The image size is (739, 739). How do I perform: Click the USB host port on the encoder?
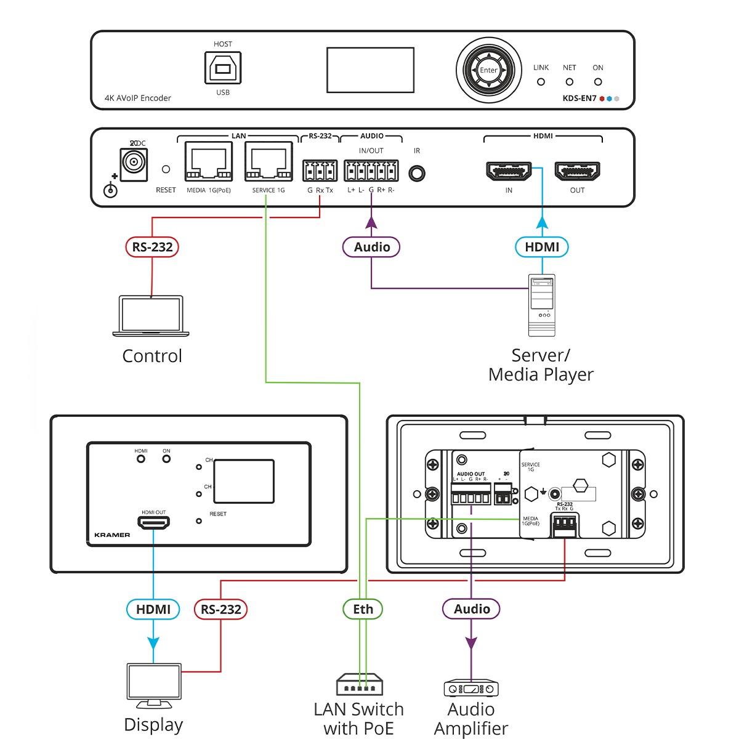pyautogui.click(x=223, y=68)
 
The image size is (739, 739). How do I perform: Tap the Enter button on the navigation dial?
pyautogui.click(x=488, y=70)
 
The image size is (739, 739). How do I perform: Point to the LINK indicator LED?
pyautogui.click(x=541, y=82)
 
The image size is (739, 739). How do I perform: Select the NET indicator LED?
pyautogui.click(x=569, y=82)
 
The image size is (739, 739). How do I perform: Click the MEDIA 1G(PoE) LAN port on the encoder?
pyautogui.click(x=209, y=162)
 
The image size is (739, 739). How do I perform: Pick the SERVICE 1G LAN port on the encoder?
pyautogui.click(x=269, y=162)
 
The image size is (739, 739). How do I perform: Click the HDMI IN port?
pyautogui.click(x=509, y=171)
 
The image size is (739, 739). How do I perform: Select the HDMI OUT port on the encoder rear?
pyautogui.click(x=577, y=171)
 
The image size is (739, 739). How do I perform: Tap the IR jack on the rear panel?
pyautogui.click(x=417, y=174)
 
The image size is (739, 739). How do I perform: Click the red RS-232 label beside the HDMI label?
pyautogui.click(x=221, y=609)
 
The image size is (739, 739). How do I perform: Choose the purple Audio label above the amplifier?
pyautogui.click(x=472, y=609)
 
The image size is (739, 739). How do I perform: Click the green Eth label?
pyautogui.click(x=363, y=609)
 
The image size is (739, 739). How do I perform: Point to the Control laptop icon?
pyautogui.click(x=151, y=316)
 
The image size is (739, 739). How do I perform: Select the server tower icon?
pyautogui.click(x=542, y=305)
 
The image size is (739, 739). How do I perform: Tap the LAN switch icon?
pyautogui.click(x=360, y=685)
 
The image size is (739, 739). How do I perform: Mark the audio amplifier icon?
pyautogui.click(x=471, y=689)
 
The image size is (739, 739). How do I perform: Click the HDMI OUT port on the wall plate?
pyautogui.click(x=154, y=523)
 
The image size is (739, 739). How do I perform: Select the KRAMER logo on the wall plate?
pyautogui.click(x=112, y=535)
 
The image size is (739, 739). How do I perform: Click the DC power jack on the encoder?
pyautogui.click(x=132, y=163)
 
